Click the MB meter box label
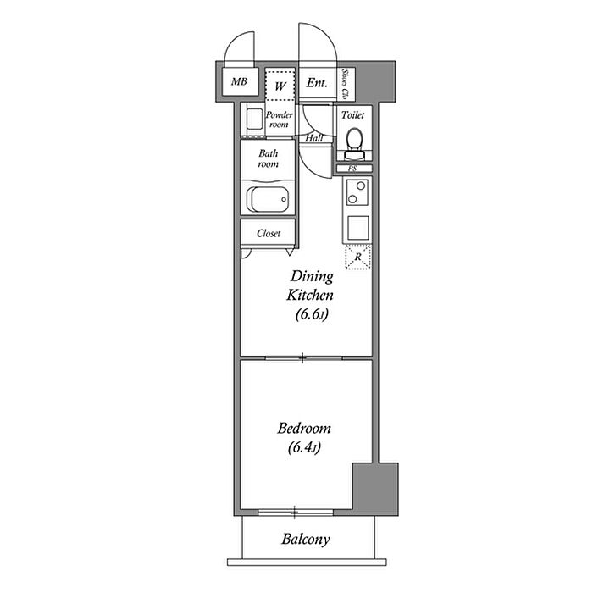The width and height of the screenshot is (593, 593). click(239, 81)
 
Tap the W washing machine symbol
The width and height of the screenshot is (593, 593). click(280, 86)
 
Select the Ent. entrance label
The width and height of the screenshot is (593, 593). click(317, 82)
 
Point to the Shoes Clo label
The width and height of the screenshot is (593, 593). click(345, 84)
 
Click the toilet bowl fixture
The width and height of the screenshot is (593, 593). click(354, 144)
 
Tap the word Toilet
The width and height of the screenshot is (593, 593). click(353, 114)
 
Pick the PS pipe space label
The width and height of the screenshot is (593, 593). click(352, 169)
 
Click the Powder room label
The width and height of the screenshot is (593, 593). click(279, 119)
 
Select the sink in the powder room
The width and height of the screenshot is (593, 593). click(254, 119)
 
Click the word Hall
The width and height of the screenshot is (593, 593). click(314, 138)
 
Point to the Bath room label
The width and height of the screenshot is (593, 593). click(269, 158)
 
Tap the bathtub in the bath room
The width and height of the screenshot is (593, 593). click(268, 199)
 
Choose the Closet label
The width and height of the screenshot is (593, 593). click(269, 233)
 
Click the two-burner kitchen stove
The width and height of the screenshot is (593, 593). click(357, 192)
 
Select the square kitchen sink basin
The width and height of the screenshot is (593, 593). click(357, 227)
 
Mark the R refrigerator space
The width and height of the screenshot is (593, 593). click(357, 257)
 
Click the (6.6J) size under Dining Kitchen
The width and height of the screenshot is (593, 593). click(312, 314)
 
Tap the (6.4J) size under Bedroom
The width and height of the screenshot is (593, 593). click(304, 448)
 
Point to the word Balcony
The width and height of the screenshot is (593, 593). click(306, 540)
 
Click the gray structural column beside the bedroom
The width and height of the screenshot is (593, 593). click(375, 488)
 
